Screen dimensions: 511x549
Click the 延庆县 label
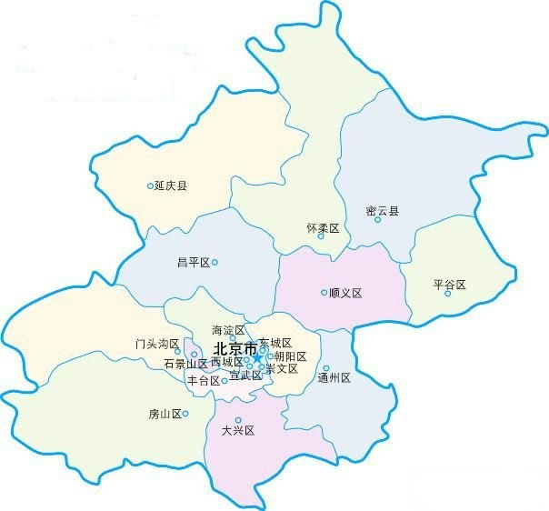pyautogui.click(x=171, y=186)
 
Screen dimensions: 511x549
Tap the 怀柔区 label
pyautogui.click(x=323, y=228)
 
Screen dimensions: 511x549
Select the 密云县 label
pyautogui.click(x=382, y=211)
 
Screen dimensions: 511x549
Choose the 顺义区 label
pyautogui.click(x=345, y=293)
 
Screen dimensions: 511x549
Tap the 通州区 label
pyautogui.click(x=334, y=377)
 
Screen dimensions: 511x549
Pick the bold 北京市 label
pyautogui.click(x=235, y=349)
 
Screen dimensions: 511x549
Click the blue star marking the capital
pyautogui.click(x=257, y=357)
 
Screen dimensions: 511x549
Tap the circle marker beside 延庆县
pyautogui.click(x=151, y=186)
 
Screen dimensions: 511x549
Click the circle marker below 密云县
pyautogui.click(x=378, y=220)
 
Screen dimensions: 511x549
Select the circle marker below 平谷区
pyautogui.click(x=448, y=294)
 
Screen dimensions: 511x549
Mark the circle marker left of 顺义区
pyautogui.click(x=324, y=293)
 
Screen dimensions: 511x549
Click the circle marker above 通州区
pyautogui.click(x=326, y=368)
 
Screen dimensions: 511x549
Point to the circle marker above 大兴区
pyautogui.click(x=239, y=420)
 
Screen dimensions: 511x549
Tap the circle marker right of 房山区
pyautogui.click(x=185, y=414)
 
